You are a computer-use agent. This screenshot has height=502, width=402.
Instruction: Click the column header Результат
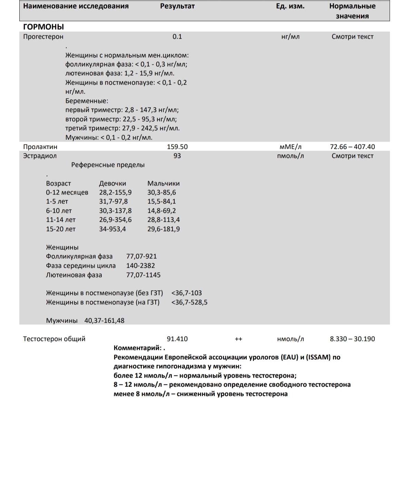click(x=177, y=6)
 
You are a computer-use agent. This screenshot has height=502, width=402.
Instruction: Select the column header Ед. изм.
click(x=290, y=6)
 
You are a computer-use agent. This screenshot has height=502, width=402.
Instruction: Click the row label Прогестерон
click(x=43, y=37)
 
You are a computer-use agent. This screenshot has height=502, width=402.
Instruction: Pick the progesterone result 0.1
click(x=177, y=37)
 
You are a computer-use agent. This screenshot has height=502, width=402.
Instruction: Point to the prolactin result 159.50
click(x=177, y=147)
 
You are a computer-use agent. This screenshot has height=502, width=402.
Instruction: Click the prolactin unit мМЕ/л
click(x=290, y=147)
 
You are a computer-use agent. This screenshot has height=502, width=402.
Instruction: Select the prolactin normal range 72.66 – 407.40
click(x=352, y=147)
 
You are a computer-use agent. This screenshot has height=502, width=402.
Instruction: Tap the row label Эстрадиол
click(x=40, y=156)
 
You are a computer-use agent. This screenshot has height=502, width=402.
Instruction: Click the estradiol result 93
click(x=177, y=156)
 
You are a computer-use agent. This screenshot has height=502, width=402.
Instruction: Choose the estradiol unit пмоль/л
click(x=290, y=156)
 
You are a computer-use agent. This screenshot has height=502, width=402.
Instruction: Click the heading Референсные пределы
click(x=108, y=165)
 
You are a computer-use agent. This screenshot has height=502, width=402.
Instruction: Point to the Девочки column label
click(x=112, y=183)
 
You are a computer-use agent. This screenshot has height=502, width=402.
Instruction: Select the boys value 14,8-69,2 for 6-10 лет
click(x=161, y=211)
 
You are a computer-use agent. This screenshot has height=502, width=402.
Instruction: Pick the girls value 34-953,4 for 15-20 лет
click(x=112, y=229)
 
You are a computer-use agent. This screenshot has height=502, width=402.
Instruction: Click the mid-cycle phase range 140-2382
click(x=140, y=266)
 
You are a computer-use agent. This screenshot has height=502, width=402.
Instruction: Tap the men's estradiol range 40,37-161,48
click(x=104, y=321)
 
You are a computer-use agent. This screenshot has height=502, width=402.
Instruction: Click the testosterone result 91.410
click(x=177, y=339)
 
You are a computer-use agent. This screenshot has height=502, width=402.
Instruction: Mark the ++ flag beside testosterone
click(x=238, y=339)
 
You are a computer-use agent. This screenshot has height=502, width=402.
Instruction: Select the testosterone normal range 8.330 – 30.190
click(x=352, y=339)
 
